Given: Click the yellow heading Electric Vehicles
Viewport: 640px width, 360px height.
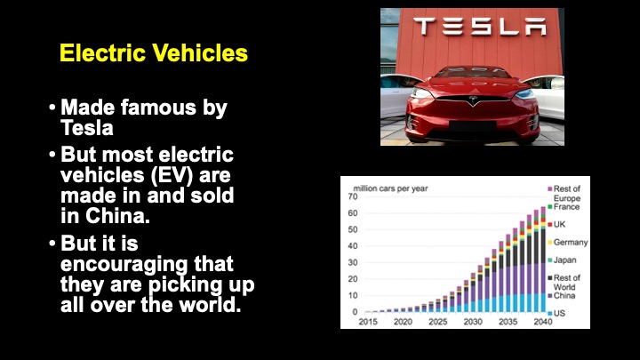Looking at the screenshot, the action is click(x=154, y=53).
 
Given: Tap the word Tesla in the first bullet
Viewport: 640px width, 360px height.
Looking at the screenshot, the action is click(x=87, y=128).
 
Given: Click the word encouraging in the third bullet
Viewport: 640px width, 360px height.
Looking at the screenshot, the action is click(x=124, y=265).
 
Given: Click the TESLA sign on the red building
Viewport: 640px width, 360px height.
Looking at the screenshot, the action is click(x=480, y=27).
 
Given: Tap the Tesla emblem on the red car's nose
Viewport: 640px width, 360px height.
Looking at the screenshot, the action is click(x=473, y=100).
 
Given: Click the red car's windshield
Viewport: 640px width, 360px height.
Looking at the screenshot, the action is click(x=472, y=72).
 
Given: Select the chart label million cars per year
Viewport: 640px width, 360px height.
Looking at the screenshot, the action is click(x=390, y=188).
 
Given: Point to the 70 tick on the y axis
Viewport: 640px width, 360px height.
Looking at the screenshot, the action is click(x=353, y=196).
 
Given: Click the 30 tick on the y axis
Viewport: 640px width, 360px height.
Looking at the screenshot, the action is click(x=353, y=262).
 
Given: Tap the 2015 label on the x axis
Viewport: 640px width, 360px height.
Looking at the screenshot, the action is click(x=368, y=322).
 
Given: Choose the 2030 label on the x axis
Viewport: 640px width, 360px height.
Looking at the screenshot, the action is click(x=473, y=322).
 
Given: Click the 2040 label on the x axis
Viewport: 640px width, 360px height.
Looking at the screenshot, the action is click(x=543, y=322).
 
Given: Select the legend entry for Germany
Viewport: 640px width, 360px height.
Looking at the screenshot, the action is click(x=568, y=243).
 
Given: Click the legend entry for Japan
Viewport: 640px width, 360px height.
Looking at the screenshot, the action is click(x=562, y=260).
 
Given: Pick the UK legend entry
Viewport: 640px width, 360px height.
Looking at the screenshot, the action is click(x=556, y=225).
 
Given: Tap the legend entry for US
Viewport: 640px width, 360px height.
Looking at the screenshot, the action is click(x=556, y=314).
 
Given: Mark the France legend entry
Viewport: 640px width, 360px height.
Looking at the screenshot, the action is click(x=564, y=207).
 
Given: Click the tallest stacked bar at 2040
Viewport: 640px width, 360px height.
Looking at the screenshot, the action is click(x=543, y=260).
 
